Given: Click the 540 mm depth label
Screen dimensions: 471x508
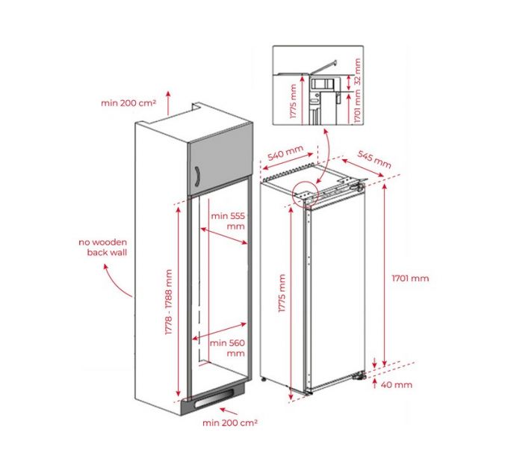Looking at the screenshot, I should [x=285, y=155].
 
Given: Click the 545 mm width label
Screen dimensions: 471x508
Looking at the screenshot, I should [x=374, y=160].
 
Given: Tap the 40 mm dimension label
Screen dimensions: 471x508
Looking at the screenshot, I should [x=396, y=385].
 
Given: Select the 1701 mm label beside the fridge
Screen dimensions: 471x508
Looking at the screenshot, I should [x=410, y=278].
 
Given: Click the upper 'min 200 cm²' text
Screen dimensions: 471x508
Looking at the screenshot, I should [x=128, y=102].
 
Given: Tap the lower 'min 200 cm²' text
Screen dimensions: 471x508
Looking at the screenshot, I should [x=230, y=423].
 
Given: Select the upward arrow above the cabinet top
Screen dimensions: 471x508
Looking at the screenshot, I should [x=168, y=102].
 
